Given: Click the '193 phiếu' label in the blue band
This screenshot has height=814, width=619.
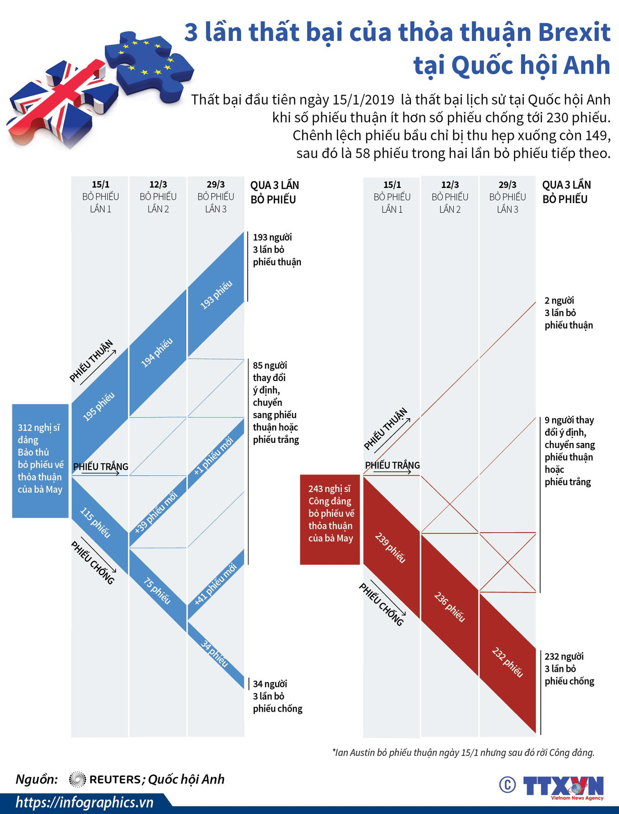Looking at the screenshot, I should tap(216, 295).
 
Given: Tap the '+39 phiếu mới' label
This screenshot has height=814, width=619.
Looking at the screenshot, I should tap(156, 512).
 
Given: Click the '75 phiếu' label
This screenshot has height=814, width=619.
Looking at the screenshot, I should tap(157, 590).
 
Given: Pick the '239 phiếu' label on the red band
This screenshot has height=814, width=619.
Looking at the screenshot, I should tap(390, 548).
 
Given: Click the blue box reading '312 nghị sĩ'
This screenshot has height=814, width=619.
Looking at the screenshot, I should tap(40, 461).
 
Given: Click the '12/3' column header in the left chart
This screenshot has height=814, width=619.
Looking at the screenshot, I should tap(158, 185).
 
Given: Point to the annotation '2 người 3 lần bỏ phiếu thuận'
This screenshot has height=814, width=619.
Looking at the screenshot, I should tap(569, 313).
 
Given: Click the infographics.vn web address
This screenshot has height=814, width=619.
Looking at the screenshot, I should tap(84, 803).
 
